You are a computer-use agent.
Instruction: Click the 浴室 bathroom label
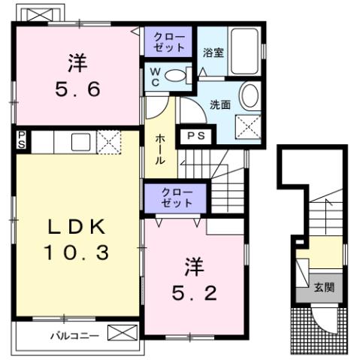click(x=213, y=53)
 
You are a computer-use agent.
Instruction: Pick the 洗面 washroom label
click(x=220, y=104)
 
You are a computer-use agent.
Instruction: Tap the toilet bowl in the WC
click(x=177, y=75)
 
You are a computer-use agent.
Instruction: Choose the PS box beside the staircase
click(x=195, y=137)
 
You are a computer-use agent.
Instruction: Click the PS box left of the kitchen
click(x=23, y=139)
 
